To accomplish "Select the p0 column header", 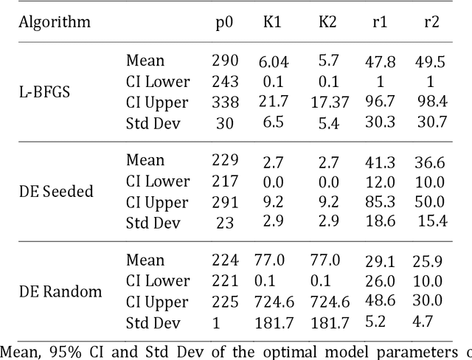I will click(x=224, y=21).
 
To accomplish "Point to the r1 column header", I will click(x=380, y=21).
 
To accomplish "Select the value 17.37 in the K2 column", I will click(x=326, y=103).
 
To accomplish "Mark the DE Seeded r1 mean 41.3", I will click(x=380, y=161).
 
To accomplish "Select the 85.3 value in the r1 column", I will click(x=380, y=201).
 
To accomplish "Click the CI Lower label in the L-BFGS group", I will click(x=157, y=82).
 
